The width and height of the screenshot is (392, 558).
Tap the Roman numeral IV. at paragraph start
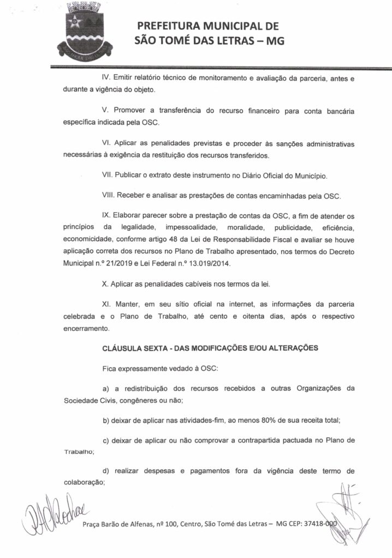108,78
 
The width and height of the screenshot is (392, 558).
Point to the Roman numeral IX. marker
108,215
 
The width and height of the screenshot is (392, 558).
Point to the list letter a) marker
106,387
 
